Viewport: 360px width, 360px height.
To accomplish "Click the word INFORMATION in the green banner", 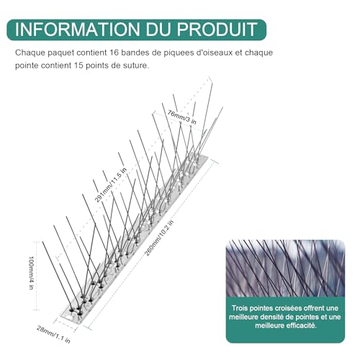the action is point(77,30).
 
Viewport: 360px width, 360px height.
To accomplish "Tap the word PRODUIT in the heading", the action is point(217,30).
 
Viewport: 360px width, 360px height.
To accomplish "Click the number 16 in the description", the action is point(114,53).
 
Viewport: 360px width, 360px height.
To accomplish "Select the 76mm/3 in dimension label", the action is point(181,117).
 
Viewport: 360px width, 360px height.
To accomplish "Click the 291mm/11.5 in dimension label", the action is point(110,185).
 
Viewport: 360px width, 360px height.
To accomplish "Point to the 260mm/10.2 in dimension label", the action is point(159,238).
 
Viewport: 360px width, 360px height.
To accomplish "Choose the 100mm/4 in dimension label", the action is point(31,273).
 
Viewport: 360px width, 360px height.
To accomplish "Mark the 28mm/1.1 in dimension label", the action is point(53,334).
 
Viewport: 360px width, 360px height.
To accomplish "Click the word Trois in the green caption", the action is point(240,308).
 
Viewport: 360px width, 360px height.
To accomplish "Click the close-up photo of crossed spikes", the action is point(285,269).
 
